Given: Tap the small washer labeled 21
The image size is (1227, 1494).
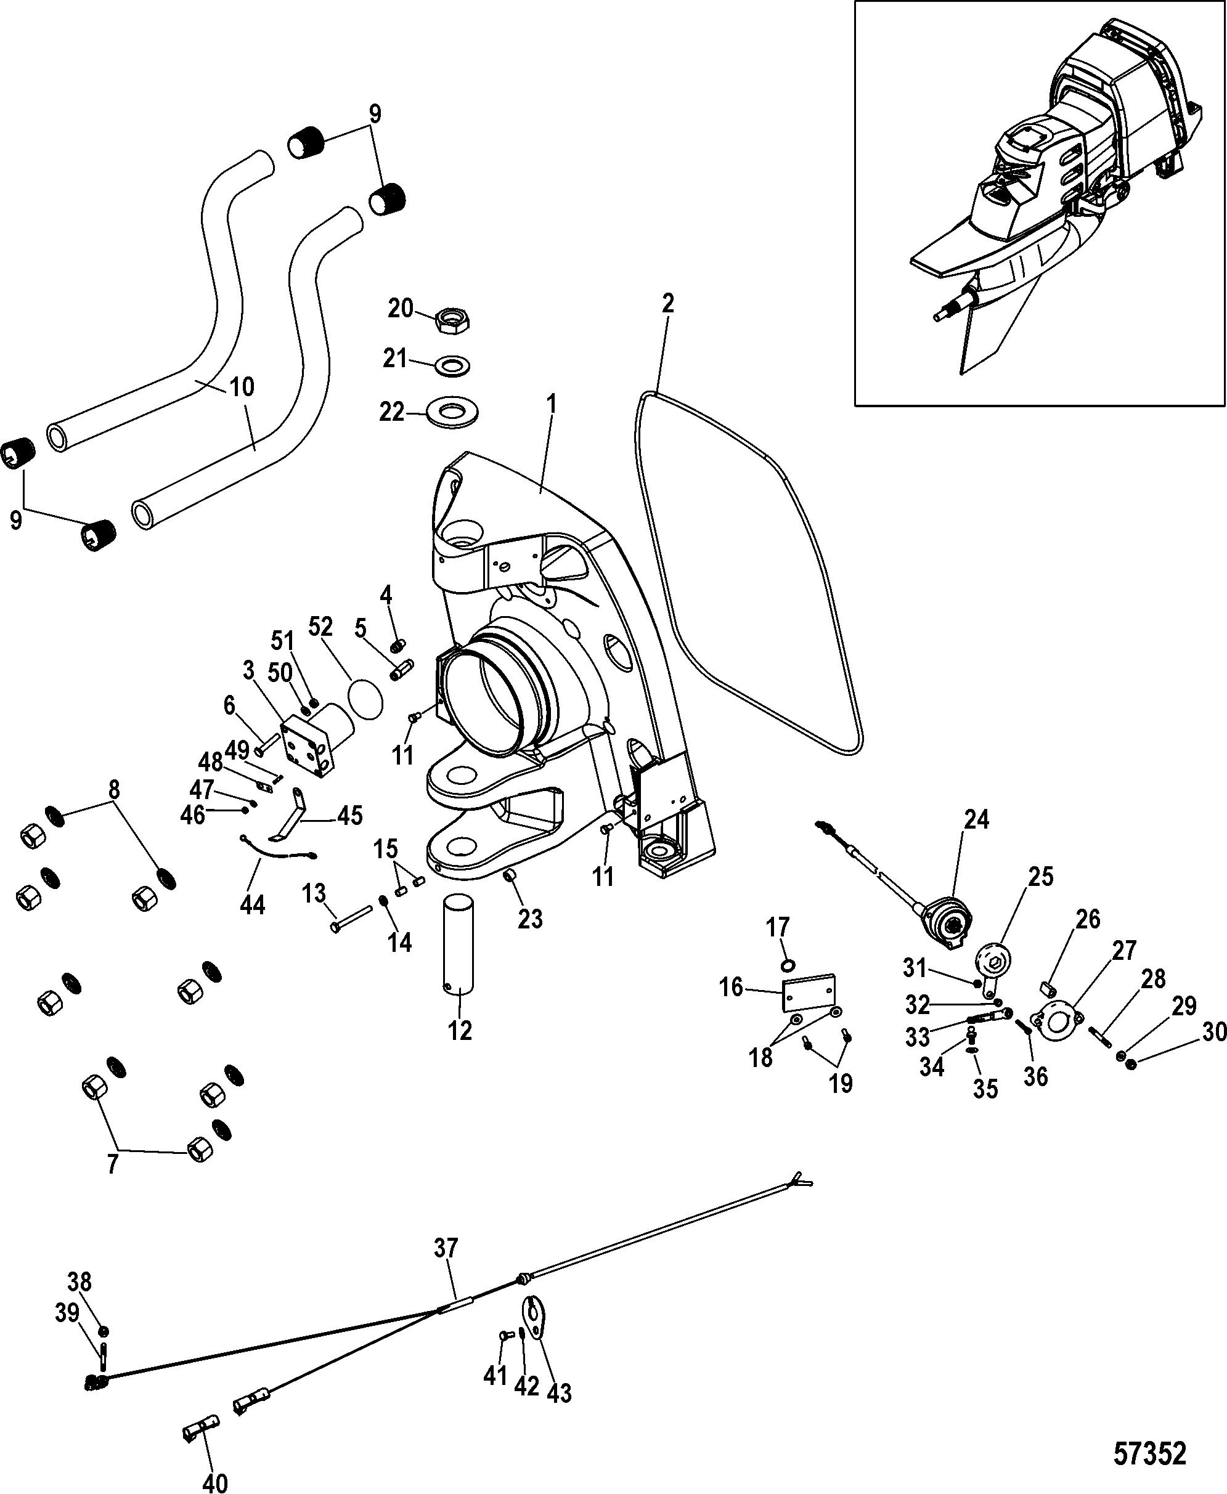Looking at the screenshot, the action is [x=453, y=367].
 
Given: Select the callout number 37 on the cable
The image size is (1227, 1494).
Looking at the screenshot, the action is [x=446, y=1248].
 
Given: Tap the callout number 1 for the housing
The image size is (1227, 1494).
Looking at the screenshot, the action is [x=552, y=405].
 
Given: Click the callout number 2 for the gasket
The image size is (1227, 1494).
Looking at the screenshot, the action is [x=667, y=304].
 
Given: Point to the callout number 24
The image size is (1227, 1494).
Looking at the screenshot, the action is [x=976, y=819].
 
